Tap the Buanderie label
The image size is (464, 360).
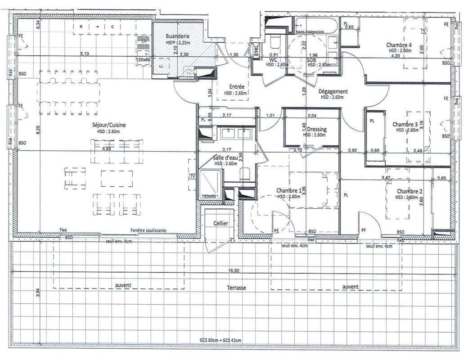pos(177,36)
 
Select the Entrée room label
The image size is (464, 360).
pos(237,87)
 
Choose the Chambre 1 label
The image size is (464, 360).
pos(289,190)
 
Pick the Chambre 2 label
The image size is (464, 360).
pos(409,191)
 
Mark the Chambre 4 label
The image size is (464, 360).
pos(399,45)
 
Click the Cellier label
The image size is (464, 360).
pos(221,224)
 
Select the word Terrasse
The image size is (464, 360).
pos(236,288)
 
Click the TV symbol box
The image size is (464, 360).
pos(193,175)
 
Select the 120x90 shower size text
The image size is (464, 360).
pos(209,196)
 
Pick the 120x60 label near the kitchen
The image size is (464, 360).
pos(144,59)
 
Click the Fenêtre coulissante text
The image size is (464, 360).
pos(149,230)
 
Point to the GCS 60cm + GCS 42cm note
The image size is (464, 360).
pos(221,341)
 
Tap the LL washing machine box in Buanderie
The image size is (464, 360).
pos(162,66)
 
